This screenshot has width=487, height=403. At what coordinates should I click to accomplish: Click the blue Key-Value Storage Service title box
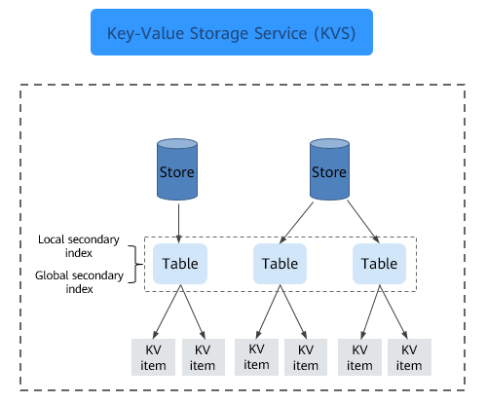pyautogui.click(x=232, y=32)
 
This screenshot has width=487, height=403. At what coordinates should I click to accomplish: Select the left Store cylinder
pyautogui.click(x=177, y=169)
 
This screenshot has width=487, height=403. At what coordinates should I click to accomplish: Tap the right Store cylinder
pyautogui.click(x=329, y=169)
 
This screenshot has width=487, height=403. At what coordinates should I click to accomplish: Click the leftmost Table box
pyautogui.click(x=180, y=264)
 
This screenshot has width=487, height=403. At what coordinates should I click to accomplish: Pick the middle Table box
pyautogui.click(x=280, y=264)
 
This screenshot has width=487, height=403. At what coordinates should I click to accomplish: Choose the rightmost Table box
pyautogui.click(x=379, y=264)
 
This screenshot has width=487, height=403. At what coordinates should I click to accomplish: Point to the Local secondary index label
pyautogui.click(x=79, y=246)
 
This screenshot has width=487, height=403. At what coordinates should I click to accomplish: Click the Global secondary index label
pyautogui.click(x=79, y=282)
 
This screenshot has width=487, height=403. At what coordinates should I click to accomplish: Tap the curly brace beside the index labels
pyautogui.click(x=135, y=264)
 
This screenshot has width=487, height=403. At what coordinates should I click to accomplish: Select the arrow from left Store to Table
pyautogui.click(x=178, y=224)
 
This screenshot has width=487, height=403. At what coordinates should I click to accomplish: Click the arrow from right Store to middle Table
pyautogui.click(x=296, y=223)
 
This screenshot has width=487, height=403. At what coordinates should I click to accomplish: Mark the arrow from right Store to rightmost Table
pyautogui.click(x=363, y=221)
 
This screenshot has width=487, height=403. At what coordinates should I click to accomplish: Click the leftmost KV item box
pyautogui.click(x=153, y=357)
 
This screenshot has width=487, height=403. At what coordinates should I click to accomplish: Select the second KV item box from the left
pyautogui.click(x=204, y=357)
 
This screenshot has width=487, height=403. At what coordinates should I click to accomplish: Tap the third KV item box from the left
pyautogui.click(x=256, y=357)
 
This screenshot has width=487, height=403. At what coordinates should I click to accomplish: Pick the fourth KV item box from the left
pyautogui.click(x=306, y=357)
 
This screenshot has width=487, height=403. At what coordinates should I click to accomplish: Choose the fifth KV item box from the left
pyautogui.click(x=359, y=357)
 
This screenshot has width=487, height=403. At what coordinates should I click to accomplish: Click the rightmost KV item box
pyautogui.click(x=409, y=357)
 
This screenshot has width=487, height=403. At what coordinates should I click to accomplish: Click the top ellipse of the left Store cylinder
pyautogui.click(x=177, y=143)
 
